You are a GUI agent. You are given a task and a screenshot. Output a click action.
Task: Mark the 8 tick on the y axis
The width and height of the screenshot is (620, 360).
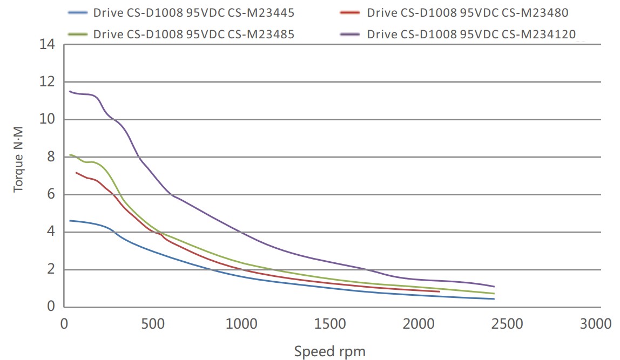coord(51,157)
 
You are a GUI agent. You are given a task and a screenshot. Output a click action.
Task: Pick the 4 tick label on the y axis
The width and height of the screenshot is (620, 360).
coord(51,232)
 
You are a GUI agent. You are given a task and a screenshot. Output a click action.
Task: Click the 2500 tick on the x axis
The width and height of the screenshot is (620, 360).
coord(508,324)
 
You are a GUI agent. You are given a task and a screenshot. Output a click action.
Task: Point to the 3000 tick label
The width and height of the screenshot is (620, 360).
coord(596,324)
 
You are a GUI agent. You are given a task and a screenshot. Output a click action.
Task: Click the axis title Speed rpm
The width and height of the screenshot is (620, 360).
coord(329,352)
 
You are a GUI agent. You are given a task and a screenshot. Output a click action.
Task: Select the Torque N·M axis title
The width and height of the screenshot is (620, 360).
coord(19,165)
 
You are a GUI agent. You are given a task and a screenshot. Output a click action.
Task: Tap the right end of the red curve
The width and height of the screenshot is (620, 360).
coord(439,291)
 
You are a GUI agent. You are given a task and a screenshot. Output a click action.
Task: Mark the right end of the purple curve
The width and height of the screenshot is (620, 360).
coord(494,287)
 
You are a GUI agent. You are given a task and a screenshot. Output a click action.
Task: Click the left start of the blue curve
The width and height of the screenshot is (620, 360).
coord(70,221)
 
